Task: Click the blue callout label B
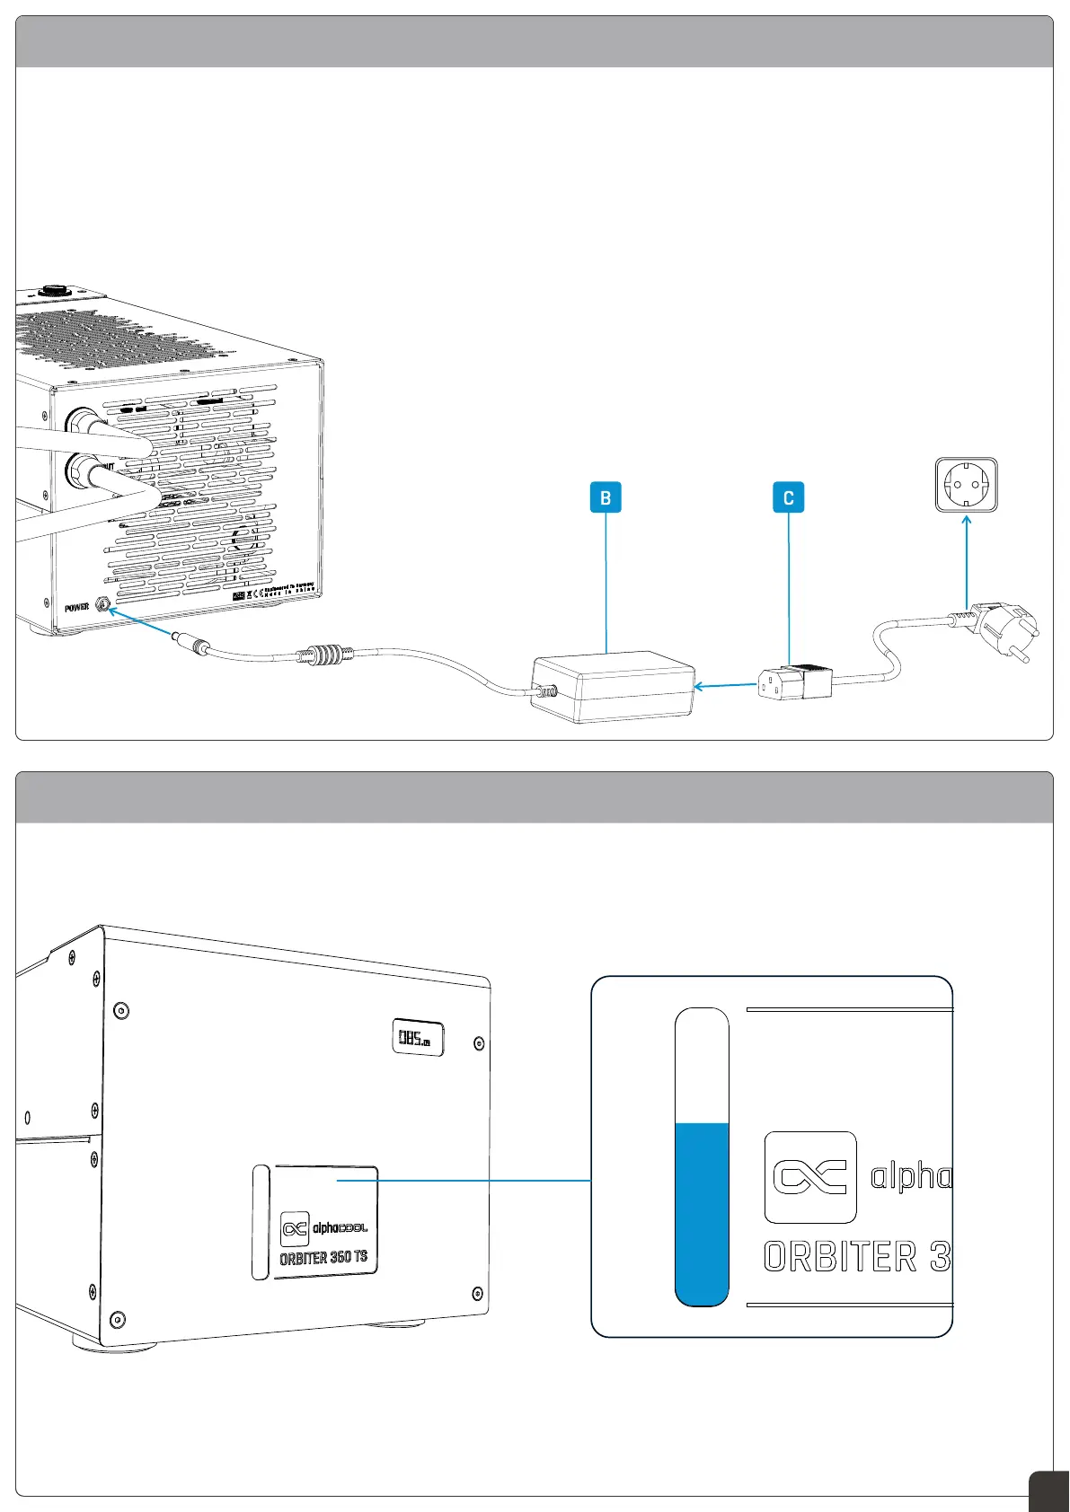(x=606, y=497)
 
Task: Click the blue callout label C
(x=788, y=497)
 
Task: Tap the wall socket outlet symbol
(x=966, y=485)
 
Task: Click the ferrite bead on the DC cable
(x=321, y=653)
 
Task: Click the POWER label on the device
(x=77, y=608)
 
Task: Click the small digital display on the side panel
(x=418, y=1038)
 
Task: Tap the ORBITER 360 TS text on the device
(x=323, y=1257)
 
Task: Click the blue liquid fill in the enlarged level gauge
(x=702, y=1212)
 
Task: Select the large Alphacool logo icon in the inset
(x=810, y=1177)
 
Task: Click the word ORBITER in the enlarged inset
(x=840, y=1256)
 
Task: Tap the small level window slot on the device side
(x=261, y=1222)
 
